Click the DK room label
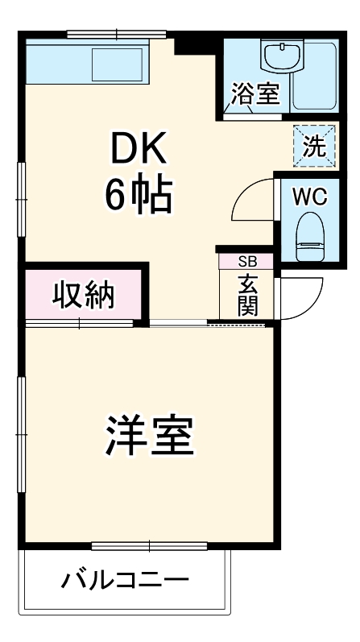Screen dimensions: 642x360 click(x=138, y=148)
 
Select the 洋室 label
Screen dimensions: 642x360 click(x=150, y=436)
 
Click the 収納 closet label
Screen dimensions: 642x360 click(x=84, y=295)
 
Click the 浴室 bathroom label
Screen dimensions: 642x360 click(x=255, y=93)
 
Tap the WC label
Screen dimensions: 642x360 click(x=308, y=195)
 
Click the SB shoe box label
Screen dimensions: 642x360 click(x=246, y=261)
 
